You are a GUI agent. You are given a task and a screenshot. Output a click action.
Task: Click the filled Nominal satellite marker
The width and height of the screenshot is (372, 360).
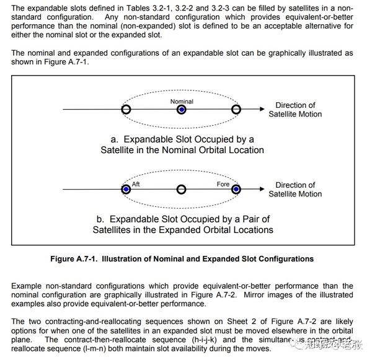click(181, 110)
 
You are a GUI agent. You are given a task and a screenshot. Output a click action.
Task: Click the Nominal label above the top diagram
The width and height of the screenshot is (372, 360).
click(182, 101)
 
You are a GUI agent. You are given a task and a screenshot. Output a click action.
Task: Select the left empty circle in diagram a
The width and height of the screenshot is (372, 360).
click(126, 110)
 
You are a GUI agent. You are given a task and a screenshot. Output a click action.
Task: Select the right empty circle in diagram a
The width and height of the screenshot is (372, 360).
click(236, 110)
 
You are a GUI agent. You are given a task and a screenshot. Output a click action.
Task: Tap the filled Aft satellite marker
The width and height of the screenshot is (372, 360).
click(126, 189)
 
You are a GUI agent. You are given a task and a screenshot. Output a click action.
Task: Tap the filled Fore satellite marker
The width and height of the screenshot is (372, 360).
click(236, 189)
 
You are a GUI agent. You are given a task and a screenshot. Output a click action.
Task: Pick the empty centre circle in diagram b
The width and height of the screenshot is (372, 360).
click(181, 189)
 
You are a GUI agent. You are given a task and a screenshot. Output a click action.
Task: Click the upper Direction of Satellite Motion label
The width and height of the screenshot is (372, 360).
click(295, 110)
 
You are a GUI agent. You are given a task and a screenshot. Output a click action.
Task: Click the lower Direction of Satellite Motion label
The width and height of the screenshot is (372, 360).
click(295, 189)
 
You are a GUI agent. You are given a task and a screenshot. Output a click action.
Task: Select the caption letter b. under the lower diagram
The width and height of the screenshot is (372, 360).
click(100, 219)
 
